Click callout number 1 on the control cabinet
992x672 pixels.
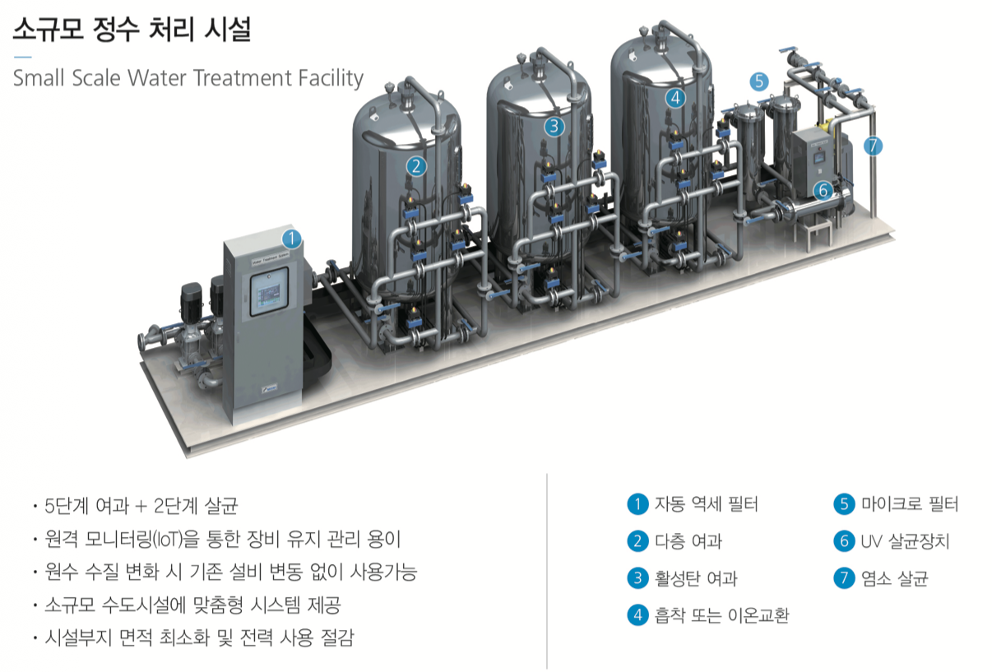291,239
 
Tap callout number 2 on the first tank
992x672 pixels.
417,166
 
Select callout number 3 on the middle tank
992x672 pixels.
555,126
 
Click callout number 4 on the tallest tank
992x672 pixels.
675,97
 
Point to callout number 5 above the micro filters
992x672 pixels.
759,81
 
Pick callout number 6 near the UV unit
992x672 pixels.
823,190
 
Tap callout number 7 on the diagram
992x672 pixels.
873,146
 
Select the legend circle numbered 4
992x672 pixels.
637,615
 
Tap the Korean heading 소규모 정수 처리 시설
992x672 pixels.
132,30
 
